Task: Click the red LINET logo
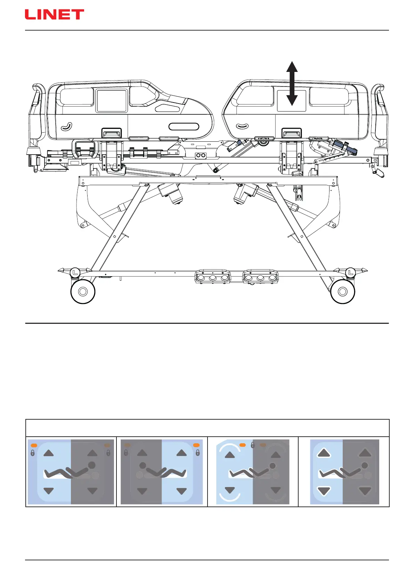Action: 54,15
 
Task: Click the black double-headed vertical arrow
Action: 292,83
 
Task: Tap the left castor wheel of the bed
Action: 83,291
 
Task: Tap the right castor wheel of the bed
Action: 342,291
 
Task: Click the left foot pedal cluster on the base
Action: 212,277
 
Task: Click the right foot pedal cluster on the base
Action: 260,277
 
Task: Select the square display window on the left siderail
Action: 112,101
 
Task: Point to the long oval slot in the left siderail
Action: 184,126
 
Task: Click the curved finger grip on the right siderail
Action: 243,126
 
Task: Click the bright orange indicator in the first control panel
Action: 34,445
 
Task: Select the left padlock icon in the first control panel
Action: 33,453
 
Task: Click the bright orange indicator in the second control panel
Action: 196,445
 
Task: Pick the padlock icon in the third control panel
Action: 253,445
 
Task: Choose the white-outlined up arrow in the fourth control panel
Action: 324,453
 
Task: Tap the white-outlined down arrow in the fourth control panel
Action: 324,491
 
